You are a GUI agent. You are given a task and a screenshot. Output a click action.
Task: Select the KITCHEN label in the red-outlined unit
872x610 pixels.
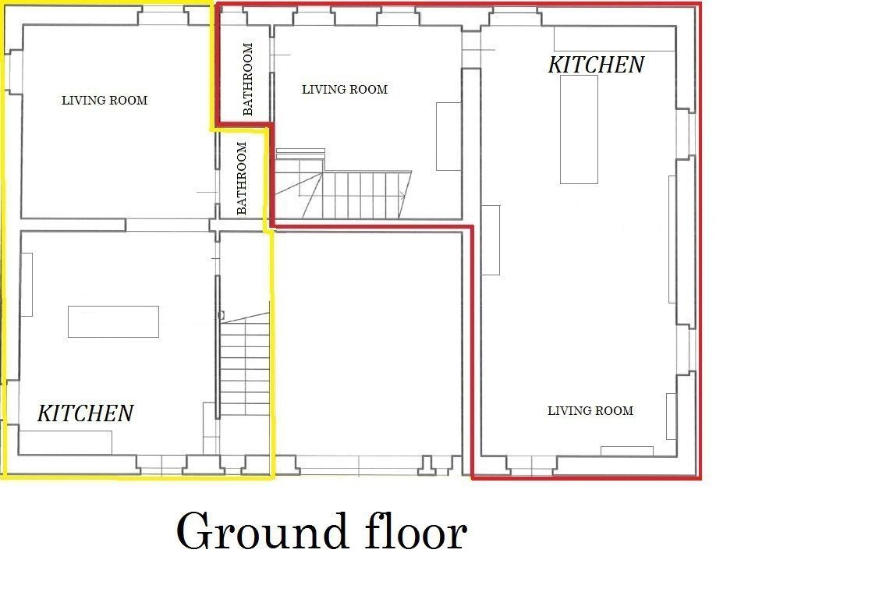596,65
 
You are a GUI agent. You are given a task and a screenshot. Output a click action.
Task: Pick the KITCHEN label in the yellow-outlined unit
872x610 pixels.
86,413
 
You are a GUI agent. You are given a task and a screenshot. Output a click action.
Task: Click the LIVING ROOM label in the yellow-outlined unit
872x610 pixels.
105,101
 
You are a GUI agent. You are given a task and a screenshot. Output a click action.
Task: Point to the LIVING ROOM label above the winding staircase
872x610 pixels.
345,90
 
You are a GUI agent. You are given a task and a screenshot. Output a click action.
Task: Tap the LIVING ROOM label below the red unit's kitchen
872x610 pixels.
590,411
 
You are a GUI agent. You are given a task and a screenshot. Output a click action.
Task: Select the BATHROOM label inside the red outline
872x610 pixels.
248,79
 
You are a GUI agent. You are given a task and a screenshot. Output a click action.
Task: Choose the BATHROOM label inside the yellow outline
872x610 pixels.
241,178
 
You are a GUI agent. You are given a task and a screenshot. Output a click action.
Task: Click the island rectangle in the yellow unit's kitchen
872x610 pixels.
113,321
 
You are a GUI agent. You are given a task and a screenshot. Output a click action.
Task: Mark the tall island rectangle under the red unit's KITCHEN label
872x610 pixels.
579,129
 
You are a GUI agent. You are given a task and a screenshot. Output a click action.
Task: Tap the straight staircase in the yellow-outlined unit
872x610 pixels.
245,364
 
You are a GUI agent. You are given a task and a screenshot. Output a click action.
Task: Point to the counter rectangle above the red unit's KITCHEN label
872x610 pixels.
615,38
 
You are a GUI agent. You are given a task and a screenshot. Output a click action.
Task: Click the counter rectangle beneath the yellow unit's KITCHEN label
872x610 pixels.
66,442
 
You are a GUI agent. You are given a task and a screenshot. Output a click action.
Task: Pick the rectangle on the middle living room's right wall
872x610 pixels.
448,137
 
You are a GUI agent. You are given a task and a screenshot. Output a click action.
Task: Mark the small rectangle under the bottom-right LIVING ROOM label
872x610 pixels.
627,451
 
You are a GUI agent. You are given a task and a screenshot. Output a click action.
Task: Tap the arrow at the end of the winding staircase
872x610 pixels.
402,194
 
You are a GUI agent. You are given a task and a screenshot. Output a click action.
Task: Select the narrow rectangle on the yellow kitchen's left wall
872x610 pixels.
27,285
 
